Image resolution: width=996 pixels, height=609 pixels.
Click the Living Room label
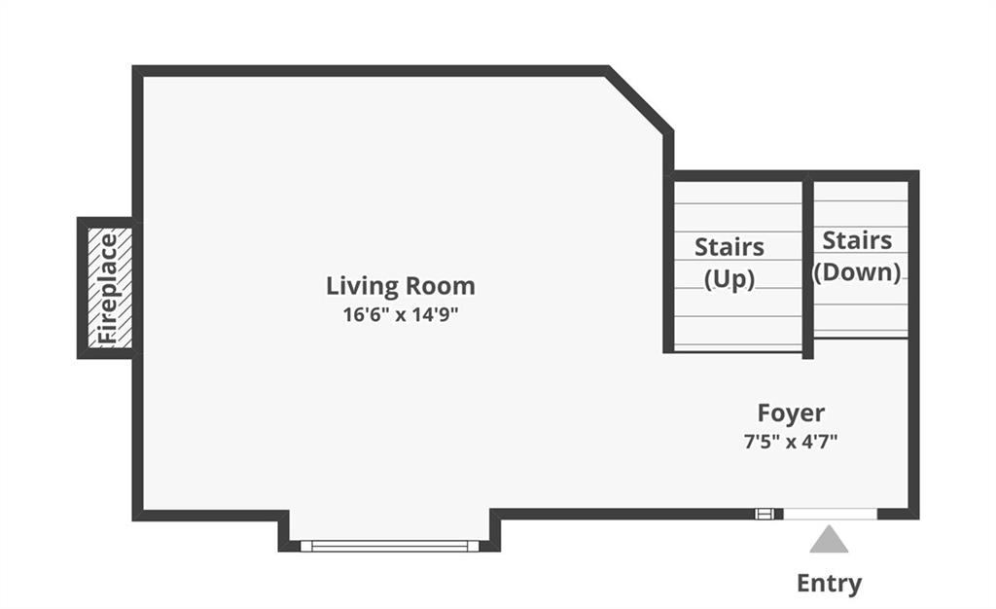tap(400, 286)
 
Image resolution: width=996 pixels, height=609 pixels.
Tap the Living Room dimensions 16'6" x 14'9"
tap(400, 314)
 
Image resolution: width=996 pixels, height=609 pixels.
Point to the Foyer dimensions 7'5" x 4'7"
tap(791, 442)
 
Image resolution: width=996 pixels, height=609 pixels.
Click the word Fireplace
tap(109, 289)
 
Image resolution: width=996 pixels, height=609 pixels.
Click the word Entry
tap(829, 583)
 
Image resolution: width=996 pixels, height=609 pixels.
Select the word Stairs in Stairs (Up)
tap(729, 247)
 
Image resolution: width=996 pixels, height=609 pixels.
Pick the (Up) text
tap(729, 279)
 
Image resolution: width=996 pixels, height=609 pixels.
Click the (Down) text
tap(858, 272)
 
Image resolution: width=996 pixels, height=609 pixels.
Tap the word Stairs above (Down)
tap(858, 240)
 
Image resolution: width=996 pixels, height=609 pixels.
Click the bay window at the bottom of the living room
tap(389, 546)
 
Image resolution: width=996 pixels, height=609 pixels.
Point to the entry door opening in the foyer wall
tap(831, 515)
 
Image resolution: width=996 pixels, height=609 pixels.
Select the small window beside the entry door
tap(765, 514)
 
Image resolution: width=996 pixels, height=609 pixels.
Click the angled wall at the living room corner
tap(639, 100)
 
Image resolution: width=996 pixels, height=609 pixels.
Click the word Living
tap(362, 286)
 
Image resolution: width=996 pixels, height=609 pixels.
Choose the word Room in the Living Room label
tap(441, 286)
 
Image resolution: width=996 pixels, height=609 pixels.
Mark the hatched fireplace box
tap(109, 288)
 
